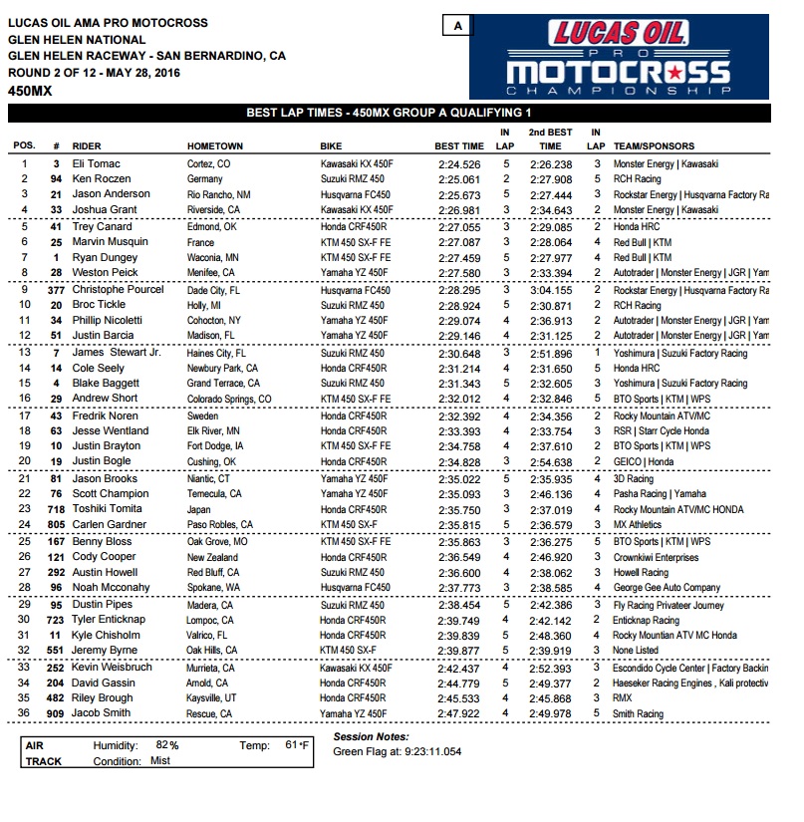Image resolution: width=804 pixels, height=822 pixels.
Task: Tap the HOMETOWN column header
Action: [x=215, y=146]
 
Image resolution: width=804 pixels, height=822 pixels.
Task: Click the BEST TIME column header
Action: [x=459, y=146]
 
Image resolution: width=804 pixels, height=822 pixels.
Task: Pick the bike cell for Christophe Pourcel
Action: [x=356, y=290]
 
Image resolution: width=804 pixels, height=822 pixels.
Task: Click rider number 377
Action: [x=56, y=290]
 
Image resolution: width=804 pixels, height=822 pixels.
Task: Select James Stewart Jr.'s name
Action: [x=117, y=353]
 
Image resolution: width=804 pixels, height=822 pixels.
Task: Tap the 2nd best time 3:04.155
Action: [x=550, y=290]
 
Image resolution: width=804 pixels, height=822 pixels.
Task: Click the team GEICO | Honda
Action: [x=646, y=462]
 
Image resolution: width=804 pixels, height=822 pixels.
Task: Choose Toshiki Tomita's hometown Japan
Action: [x=200, y=509]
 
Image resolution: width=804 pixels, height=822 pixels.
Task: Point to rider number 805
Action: [x=56, y=525]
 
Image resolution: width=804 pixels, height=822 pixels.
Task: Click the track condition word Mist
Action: [x=160, y=761]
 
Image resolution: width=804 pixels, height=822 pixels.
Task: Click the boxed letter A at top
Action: [x=457, y=27]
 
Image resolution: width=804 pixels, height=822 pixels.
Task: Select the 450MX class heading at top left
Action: [x=30, y=91]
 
